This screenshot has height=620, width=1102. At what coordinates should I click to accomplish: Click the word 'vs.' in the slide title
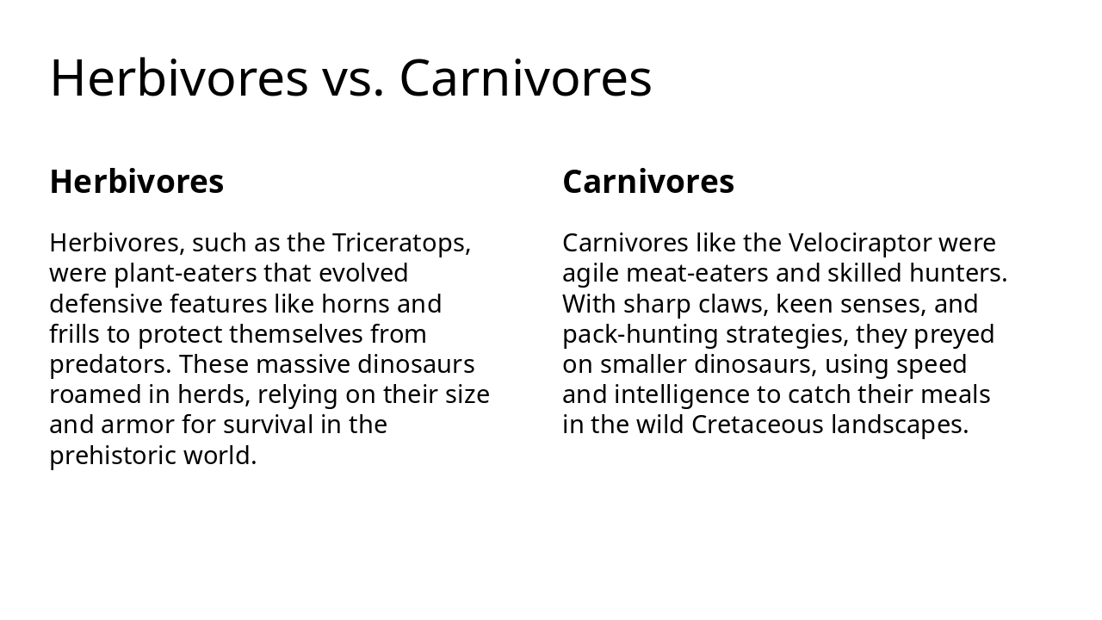point(353,78)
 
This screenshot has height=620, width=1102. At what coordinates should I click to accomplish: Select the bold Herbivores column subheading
point(137,182)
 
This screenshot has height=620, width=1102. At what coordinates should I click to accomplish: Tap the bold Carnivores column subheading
point(648,182)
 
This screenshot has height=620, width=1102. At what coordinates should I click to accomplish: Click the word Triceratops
point(400,244)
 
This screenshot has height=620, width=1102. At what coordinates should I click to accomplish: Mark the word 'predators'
point(109,365)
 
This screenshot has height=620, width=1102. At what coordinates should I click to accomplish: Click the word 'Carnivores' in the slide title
point(525,78)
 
